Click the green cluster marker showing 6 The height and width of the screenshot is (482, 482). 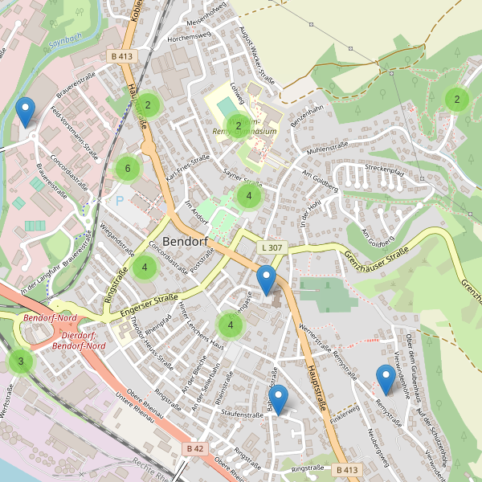click(x=125, y=169)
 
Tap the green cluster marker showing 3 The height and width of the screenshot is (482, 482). click(x=21, y=361)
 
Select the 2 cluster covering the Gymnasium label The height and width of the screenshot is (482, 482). click(x=239, y=125)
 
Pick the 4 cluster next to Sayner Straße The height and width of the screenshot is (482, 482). click(x=249, y=196)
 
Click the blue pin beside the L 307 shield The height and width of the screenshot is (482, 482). click(x=266, y=282)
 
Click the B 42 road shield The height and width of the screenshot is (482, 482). click(x=195, y=447)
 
